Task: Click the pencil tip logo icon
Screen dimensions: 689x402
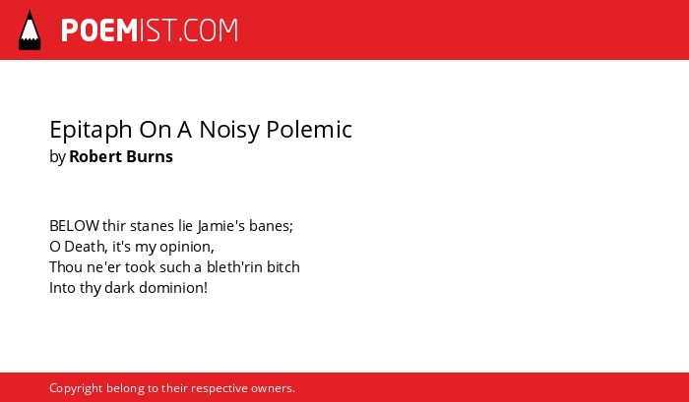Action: click(30, 29)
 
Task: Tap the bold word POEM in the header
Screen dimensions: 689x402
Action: click(99, 30)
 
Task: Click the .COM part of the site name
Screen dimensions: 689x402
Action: click(209, 30)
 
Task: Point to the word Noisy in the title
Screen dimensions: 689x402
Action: click(229, 131)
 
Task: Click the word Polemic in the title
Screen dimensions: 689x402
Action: click(309, 130)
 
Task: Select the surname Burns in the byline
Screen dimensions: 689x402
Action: click(151, 156)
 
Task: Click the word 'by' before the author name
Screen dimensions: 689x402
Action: click(57, 157)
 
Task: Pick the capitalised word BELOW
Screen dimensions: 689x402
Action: click(74, 226)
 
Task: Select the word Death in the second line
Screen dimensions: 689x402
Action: click(86, 247)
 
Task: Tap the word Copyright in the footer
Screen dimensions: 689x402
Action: click(76, 389)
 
